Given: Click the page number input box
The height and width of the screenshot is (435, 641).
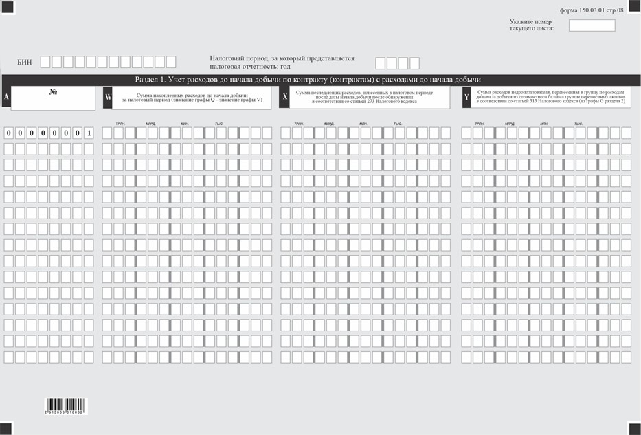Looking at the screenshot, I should (x=592, y=25).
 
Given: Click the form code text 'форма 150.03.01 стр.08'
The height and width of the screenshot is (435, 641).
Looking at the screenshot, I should (x=592, y=10).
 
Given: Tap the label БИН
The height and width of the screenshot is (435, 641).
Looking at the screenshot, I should (x=24, y=63).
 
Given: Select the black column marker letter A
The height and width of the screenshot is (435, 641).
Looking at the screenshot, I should (x=6, y=98).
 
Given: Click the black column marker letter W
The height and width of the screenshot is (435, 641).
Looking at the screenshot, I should (x=108, y=98).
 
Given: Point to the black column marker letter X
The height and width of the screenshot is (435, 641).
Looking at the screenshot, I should (x=285, y=98).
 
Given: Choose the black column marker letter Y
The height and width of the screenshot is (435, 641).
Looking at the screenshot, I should (x=466, y=98).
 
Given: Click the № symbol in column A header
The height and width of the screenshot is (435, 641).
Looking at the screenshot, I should (x=53, y=91).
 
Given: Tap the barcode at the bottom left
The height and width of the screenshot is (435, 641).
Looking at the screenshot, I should (x=66, y=405).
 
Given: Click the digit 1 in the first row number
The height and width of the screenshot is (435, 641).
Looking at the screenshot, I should (x=89, y=133).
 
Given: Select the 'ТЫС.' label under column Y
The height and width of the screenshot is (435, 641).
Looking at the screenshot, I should (x=580, y=124).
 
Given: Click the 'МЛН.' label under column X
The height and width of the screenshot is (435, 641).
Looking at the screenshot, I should (x=363, y=124).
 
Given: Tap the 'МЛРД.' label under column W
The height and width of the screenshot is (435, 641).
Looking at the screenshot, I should (x=150, y=124).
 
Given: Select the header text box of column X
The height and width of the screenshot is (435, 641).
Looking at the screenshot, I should (x=370, y=98).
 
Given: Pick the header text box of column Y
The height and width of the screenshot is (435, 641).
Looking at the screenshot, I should (x=550, y=98).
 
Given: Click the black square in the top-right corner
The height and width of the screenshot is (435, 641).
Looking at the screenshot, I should (x=633, y=7).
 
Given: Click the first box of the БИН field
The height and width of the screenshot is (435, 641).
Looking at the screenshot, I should (x=45, y=63).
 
